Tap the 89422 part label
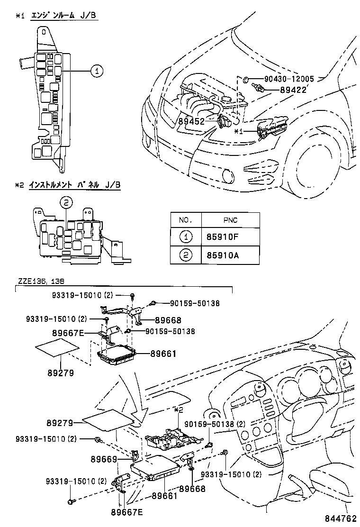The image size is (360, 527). [x=294, y=89]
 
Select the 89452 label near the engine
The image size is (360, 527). [x=191, y=121]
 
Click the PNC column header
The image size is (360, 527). [x=231, y=220]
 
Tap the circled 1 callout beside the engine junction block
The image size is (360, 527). [x=96, y=71]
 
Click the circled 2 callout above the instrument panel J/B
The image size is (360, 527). [x=67, y=203]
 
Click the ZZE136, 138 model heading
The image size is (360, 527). [x=40, y=281]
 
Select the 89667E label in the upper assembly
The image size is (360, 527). [x=68, y=333]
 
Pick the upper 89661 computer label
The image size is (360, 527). [x=163, y=353]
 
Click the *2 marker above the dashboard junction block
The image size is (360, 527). [x=178, y=409]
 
